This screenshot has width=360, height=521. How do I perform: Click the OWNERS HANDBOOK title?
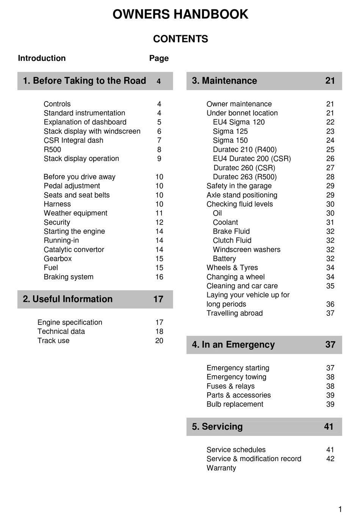[180, 14]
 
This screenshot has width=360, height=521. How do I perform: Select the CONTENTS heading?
[180, 39]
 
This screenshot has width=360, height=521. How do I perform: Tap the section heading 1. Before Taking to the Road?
[85, 81]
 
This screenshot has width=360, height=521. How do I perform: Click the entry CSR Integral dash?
[74, 140]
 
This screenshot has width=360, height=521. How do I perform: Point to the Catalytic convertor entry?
[74, 250]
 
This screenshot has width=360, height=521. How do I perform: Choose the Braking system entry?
[69, 277]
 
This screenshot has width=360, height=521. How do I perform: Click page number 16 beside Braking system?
[159, 277]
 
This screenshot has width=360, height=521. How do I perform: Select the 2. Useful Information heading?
[68, 299]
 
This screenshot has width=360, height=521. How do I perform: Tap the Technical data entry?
[61, 332]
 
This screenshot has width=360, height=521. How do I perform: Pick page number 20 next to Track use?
[159, 341]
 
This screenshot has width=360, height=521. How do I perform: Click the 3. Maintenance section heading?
[224, 81]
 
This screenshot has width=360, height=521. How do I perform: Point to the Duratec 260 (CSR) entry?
[244, 168]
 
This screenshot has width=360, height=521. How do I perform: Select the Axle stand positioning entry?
[242, 195]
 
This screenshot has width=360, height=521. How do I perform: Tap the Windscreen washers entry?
[247, 250]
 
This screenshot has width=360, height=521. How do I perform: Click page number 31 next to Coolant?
[330, 223]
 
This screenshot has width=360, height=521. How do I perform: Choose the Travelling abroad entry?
[235, 314]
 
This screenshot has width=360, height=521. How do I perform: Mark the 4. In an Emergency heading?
[233, 345]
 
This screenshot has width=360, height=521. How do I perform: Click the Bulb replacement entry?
[235, 404]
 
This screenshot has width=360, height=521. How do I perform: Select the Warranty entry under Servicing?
[221, 468]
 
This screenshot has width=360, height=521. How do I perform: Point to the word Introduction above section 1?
[42, 58]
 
